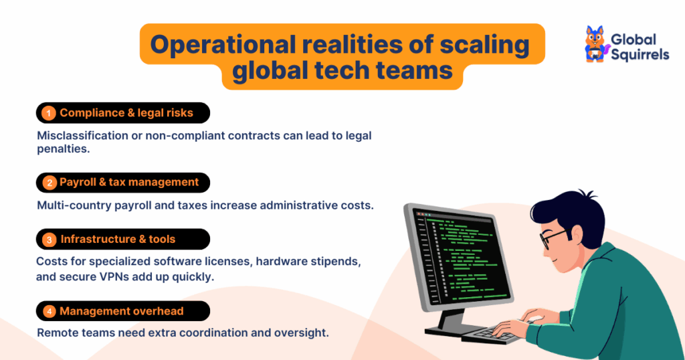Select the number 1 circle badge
tap(48, 113)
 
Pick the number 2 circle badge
tap(48, 183)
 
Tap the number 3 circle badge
tap(48, 240)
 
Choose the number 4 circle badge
tap(48, 311)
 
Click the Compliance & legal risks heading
tap(126, 113)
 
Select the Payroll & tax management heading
tap(128, 182)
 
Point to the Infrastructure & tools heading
tap(118, 239)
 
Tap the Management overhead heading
tap(121, 311)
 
